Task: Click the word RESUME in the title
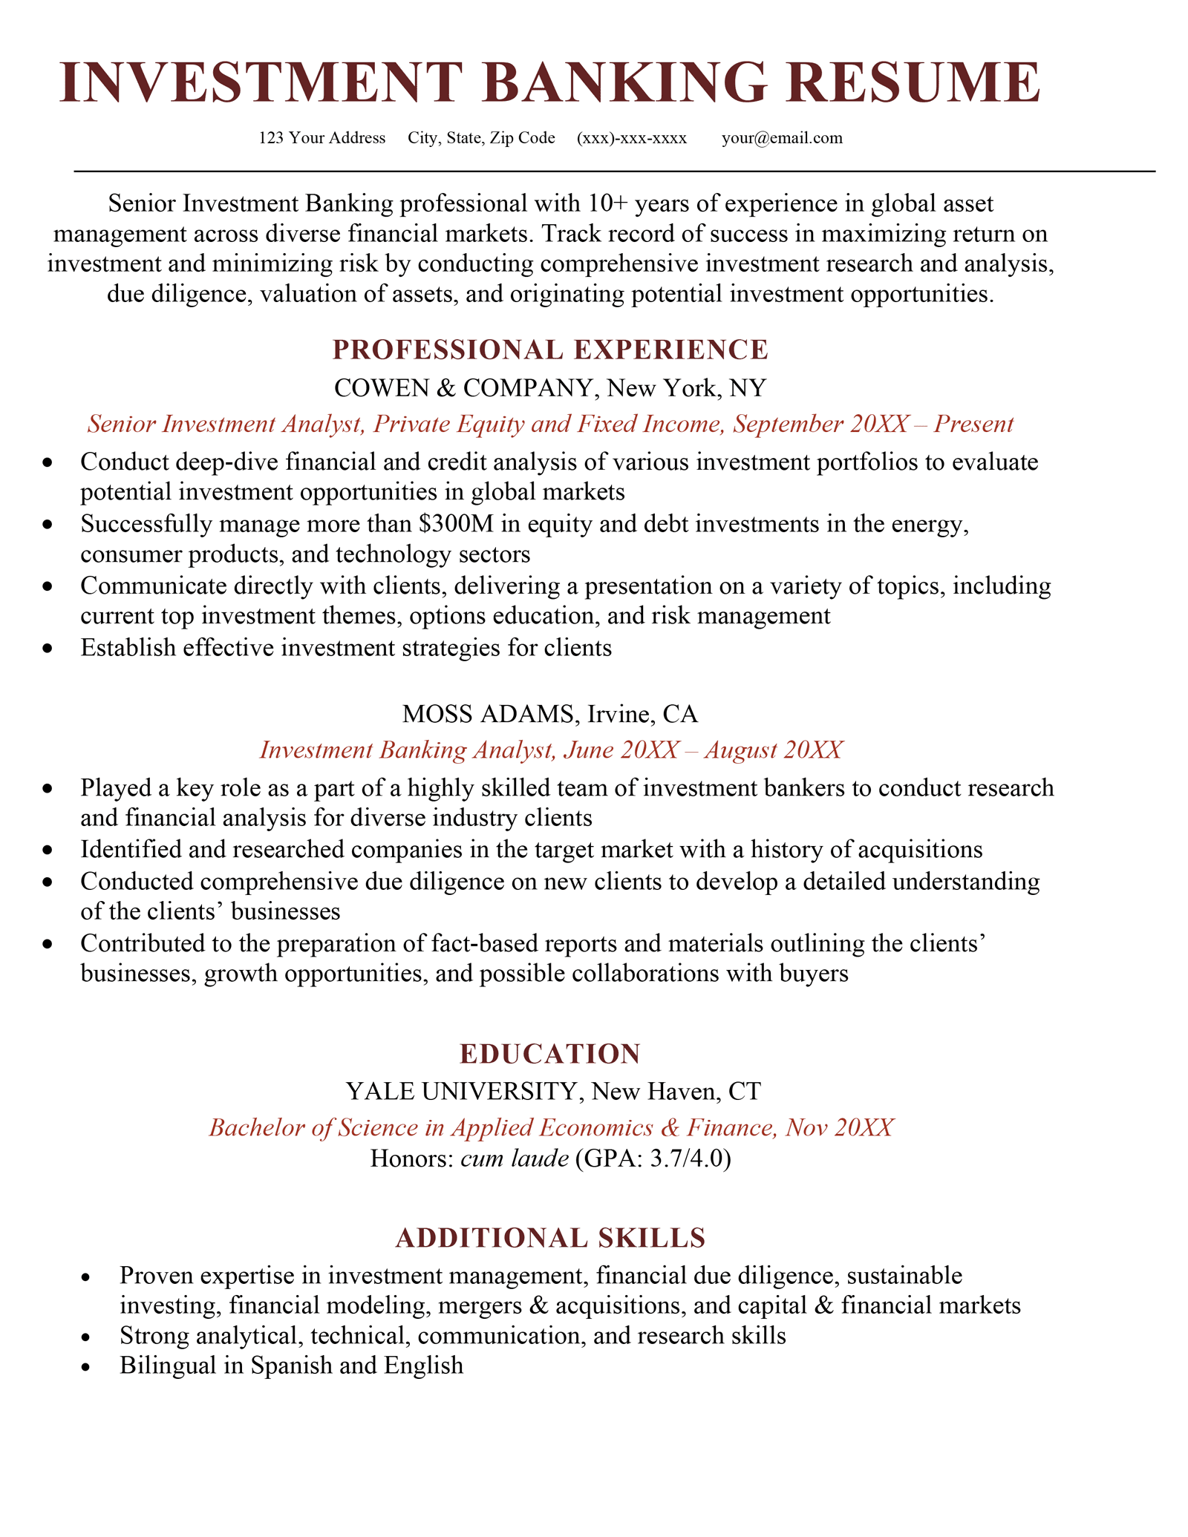[x=919, y=82]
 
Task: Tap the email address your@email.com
[x=782, y=138]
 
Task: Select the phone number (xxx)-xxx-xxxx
[x=631, y=138]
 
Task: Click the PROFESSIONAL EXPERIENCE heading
[x=550, y=350]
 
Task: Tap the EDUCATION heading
[x=550, y=1054]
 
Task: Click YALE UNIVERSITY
[x=461, y=1091]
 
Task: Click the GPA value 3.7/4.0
[x=686, y=1159]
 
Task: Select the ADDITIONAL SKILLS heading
[x=550, y=1238]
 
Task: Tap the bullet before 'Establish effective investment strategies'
[x=49, y=649]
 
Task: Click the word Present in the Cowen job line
[x=973, y=424]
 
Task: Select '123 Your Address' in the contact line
[x=322, y=138]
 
